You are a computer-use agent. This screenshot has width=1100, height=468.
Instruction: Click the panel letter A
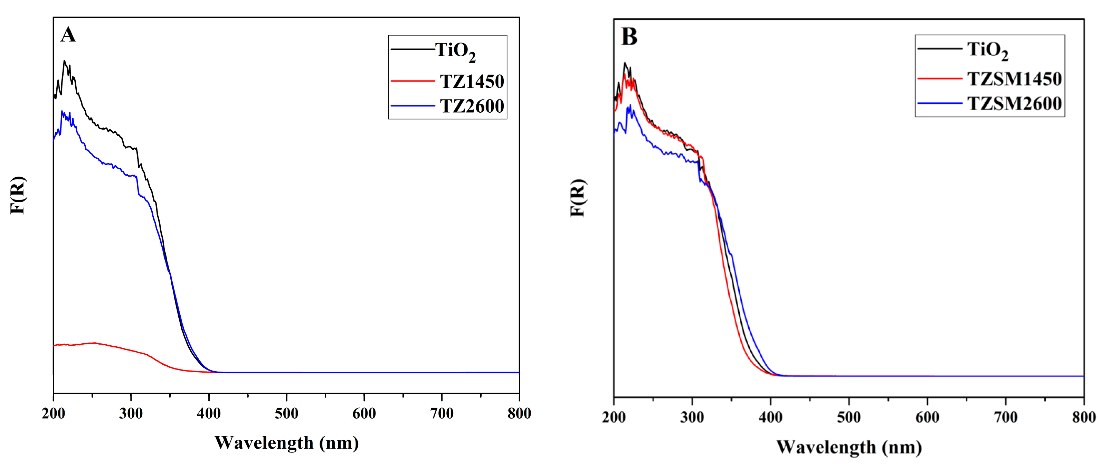pos(68,35)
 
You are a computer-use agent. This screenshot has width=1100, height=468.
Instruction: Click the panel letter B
pos(629,37)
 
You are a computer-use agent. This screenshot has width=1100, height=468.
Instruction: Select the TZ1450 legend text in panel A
pos(472,82)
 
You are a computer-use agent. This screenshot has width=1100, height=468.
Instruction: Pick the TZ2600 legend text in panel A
pos(472,106)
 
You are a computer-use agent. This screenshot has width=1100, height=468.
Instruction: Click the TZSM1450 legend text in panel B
pos(1014,79)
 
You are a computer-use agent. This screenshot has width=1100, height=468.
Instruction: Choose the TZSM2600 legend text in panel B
pos(1014,104)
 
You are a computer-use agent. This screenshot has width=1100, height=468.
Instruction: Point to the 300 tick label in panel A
pos(131,414)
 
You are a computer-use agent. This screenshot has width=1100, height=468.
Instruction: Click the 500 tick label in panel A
pos(286,414)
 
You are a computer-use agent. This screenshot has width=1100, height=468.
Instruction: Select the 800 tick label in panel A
pos(519,414)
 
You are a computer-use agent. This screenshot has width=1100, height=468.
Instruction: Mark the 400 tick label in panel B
pos(770,418)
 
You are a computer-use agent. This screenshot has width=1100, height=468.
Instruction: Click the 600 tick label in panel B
pos(927,418)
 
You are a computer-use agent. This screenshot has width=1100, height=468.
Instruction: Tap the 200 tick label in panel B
pos(614,418)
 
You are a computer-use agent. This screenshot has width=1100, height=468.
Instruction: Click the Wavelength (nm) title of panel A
pos(286,443)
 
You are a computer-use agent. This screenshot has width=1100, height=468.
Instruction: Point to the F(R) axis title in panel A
pos(18,195)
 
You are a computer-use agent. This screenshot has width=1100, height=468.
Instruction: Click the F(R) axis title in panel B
pos(578,198)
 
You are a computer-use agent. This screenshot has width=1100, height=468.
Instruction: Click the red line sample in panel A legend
pos(412,81)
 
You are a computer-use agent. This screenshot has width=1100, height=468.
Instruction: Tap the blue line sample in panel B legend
pos(939,103)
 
